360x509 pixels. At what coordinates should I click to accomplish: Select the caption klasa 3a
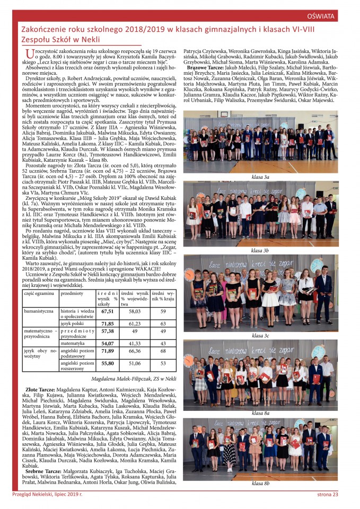pos(260,176)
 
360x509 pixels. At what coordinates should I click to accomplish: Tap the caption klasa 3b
pos(260,250)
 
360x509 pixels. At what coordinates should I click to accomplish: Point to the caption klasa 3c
pos(260,336)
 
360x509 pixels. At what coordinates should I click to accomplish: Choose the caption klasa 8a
pos(260,413)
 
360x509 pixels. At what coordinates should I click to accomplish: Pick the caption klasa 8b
pos(260,483)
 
